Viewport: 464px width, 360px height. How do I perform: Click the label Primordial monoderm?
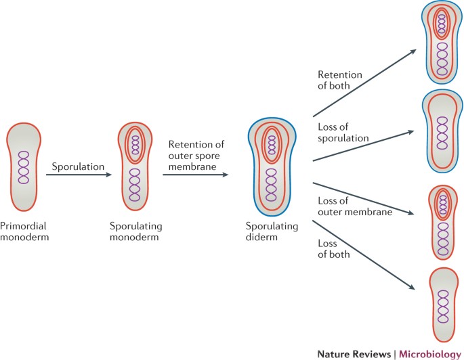coord(25,230)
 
